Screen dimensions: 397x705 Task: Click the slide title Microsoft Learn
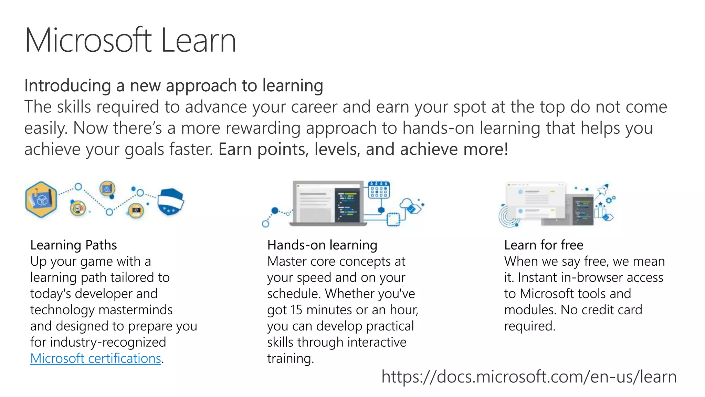coord(130,40)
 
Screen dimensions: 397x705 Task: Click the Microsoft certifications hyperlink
coord(96,358)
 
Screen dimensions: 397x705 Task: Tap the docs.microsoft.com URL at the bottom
coord(529,376)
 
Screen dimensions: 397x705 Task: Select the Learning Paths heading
coord(74,245)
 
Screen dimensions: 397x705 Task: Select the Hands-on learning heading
coord(322,245)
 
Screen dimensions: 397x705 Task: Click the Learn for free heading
coord(544,245)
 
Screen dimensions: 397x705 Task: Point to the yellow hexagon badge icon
coord(41,200)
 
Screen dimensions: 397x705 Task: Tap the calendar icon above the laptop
coord(379,190)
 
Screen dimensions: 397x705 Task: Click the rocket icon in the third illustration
coord(603,189)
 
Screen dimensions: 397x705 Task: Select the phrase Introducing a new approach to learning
coord(173,85)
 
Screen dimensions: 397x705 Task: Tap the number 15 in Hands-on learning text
coord(296,310)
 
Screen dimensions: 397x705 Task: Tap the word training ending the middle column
coord(290,358)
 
